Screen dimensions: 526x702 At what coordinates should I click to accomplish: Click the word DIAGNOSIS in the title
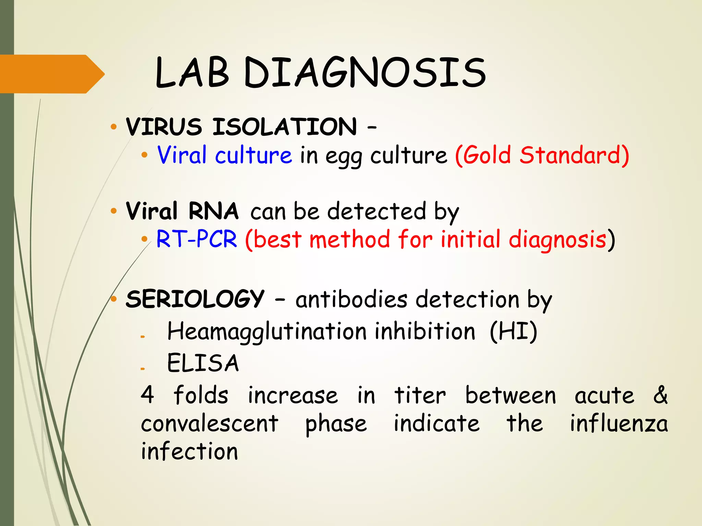(365, 73)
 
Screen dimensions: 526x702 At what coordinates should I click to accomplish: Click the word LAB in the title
(192, 73)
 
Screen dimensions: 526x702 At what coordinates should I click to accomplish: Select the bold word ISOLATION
(285, 127)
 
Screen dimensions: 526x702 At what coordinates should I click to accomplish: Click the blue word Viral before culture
(182, 155)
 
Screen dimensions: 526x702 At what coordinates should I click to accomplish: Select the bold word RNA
(213, 211)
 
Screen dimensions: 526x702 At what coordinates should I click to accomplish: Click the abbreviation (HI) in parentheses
(513, 331)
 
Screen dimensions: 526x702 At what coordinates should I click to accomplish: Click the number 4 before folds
(147, 394)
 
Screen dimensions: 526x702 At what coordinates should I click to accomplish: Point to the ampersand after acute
(660, 394)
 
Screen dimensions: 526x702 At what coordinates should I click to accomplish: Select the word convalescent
(209, 424)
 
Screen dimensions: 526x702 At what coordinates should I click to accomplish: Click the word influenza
(619, 424)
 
